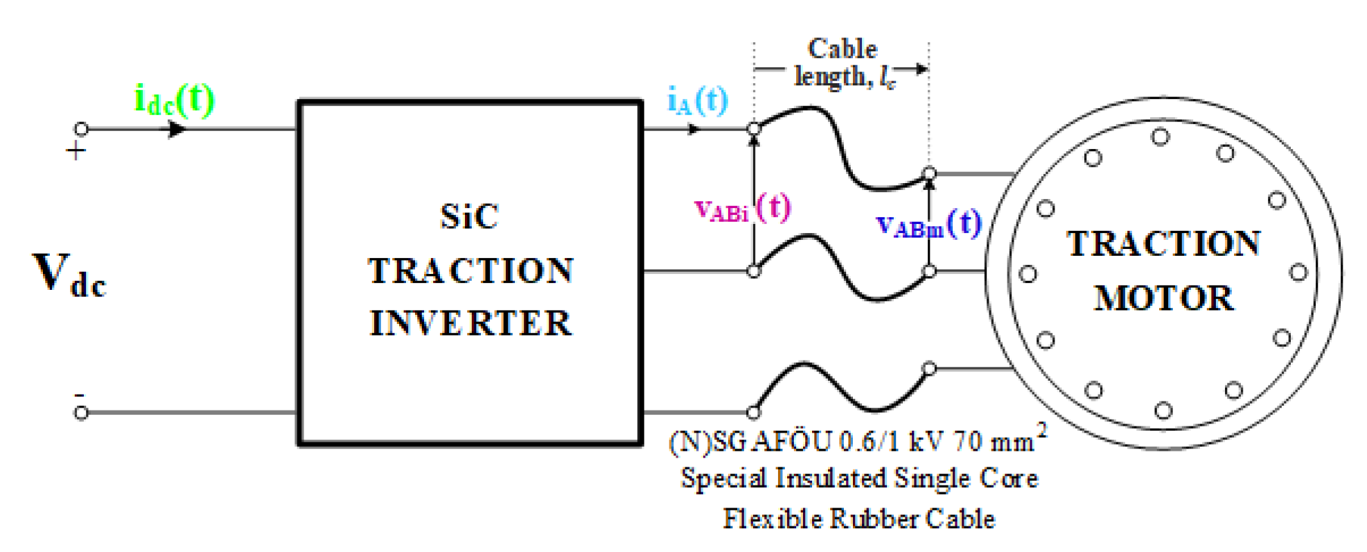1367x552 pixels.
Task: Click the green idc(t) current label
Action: pos(174,101)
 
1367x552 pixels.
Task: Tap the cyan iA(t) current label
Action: pos(697,101)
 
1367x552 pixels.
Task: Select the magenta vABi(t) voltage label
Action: pos(741,208)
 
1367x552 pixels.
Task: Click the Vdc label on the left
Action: pos(69,274)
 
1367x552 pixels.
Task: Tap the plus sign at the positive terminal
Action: pos(76,151)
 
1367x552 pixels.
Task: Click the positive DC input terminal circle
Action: pos(81,129)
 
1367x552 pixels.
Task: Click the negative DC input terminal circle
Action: pos(81,413)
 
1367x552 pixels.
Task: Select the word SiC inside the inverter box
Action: pos(469,216)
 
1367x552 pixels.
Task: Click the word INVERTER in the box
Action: pos(470,323)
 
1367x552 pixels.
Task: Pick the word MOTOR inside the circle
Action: pos(1163,298)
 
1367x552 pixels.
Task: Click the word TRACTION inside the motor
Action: pos(1163,244)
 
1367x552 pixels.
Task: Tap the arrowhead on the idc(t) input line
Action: pos(177,129)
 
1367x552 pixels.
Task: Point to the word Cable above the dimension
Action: pos(842,49)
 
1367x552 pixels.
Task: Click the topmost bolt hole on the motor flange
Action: pos(1161,137)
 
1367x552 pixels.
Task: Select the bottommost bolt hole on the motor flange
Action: pos(1163,411)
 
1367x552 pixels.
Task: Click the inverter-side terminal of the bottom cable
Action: pos(754,412)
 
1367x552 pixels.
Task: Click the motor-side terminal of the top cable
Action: pos(930,173)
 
